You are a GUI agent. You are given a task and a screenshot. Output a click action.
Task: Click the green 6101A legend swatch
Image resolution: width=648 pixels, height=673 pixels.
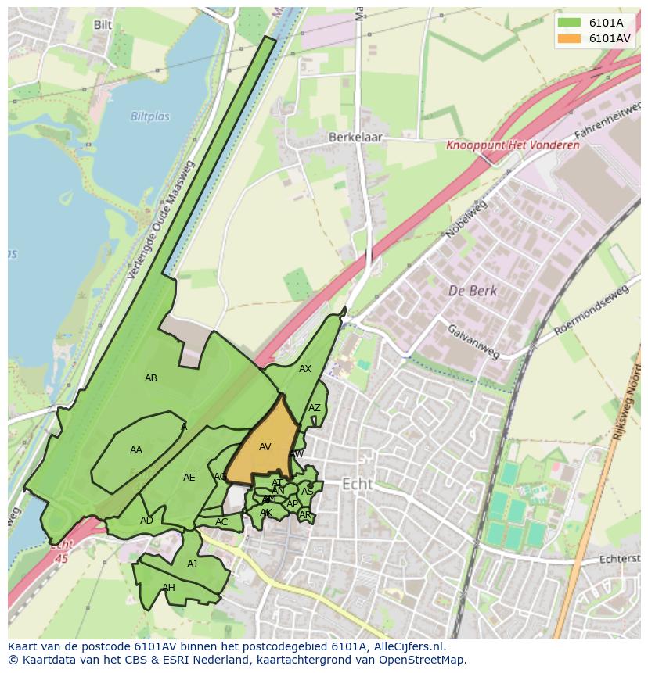(x=569, y=23)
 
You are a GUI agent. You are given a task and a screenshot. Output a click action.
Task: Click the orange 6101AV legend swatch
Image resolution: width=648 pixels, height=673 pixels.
(x=569, y=38)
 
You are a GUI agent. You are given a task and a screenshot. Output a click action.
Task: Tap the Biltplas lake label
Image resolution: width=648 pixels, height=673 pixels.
(x=149, y=117)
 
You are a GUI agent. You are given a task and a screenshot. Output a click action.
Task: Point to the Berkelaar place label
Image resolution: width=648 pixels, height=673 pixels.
(x=355, y=136)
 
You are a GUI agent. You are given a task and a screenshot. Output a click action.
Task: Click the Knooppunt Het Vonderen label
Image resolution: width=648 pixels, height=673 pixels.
(x=513, y=145)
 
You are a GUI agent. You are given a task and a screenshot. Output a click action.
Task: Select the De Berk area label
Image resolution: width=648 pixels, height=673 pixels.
(x=473, y=291)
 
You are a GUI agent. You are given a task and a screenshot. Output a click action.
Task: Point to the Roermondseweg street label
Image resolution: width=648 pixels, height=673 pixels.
(x=591, y=311)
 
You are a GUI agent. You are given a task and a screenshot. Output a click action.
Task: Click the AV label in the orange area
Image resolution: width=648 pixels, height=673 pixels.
(x=265, y=447)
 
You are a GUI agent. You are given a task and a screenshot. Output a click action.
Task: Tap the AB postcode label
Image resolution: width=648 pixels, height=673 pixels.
(x=151, y=378)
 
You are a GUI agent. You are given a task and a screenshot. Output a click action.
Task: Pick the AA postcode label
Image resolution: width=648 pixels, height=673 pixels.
(x=136, y=450)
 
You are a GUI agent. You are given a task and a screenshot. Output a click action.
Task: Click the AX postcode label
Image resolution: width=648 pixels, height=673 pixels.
(x=305, y=369)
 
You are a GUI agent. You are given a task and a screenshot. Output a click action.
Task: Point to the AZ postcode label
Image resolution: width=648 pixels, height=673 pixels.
(x=314, y=408)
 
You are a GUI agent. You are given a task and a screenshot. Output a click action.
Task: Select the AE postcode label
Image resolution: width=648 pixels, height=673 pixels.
(x=189, y=478)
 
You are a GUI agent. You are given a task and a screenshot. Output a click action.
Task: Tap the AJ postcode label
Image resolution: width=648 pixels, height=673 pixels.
(x=192, y=564)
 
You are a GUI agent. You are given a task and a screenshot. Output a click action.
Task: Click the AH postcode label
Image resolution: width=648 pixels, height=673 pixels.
(x=168, y=588)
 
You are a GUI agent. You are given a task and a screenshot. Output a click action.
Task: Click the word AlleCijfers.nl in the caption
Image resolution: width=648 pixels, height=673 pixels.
(x=406, y=646)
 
